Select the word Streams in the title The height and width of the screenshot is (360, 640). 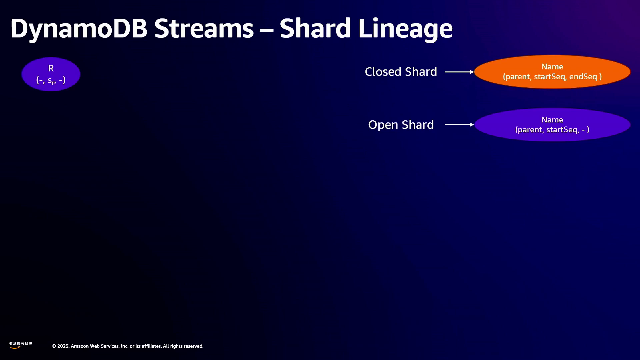pyautogui.click(x=204, y=28)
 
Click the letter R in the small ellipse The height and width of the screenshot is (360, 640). pyautogui.click(x=51, y=68)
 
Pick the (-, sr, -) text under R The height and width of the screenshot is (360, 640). pyautogui.click(x=51, y=80)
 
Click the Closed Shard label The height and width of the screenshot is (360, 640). pyautogui.click(x=401, y=72)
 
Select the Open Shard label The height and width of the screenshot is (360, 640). pyautogui.click(x=401, y=125)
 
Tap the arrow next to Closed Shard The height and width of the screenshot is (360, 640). pyautogui.click(x=459, y=72)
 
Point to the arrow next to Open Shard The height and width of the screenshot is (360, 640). pyautogui.click(x=459, y=125)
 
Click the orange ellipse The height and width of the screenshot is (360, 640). pyautogui.click(x=552, y=72)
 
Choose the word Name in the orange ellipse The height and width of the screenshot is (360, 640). pyautogui.click(x=552, y=67)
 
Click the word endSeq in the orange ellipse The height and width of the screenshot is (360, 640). pyautogui.click(x=583, y=77)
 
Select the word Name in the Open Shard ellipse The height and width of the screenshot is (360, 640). pyautogui.click(x=552, y=120)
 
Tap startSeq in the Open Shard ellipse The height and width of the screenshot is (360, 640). pyautogui.click(x=563, y=130)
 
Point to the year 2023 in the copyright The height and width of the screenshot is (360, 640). pyautogui.click(x=63, y=346)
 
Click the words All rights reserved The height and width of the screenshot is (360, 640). pyautogui.click(x=183, y=346)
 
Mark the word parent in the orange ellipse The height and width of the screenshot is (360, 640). pyautogui.click(x=517, y=77)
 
